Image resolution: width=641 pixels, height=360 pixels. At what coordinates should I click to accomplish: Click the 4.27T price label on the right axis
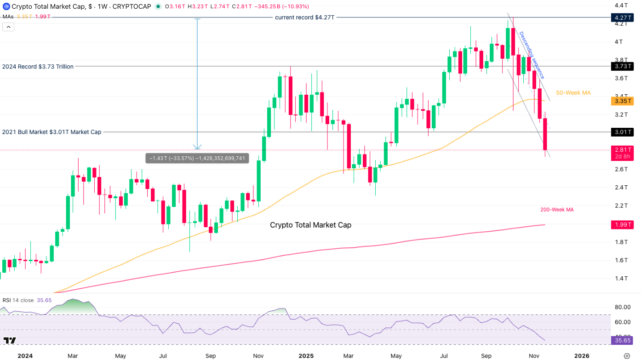(x=621, y=17)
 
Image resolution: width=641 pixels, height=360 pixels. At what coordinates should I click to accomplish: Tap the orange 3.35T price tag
(x=621, y=101)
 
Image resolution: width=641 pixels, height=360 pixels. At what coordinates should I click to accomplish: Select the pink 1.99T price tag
(x=621, y=225)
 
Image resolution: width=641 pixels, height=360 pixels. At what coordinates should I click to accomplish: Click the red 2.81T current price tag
(x=621, y=150)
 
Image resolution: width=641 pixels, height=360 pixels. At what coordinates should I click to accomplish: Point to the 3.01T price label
(x=621, y=132)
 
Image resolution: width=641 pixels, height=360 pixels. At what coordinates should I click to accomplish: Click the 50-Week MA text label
(x=573, y=93)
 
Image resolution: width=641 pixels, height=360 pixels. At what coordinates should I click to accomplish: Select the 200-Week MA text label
(x=557, y=210)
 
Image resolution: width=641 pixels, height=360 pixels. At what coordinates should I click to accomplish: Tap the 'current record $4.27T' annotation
(x=304, y=17)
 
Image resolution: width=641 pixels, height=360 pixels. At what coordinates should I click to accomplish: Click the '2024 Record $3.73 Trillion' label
(x=38, y=67)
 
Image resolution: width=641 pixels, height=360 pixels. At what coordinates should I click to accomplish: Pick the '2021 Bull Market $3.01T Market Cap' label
(x=52, y=132)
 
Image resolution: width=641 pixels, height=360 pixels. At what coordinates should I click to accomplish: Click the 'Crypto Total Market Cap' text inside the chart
(x=310, y=225)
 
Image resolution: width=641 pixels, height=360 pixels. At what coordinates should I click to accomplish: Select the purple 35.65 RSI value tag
(x=622, y=340)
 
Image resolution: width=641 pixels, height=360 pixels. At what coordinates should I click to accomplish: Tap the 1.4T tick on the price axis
(x=622, y=278)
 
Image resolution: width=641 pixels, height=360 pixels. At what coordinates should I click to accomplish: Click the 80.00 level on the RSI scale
(x=623, y=307)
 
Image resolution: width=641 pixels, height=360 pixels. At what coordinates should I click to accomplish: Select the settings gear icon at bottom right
(x=626, y=355)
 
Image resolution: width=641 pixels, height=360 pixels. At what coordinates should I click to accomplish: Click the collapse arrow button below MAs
(x=8, y=27)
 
